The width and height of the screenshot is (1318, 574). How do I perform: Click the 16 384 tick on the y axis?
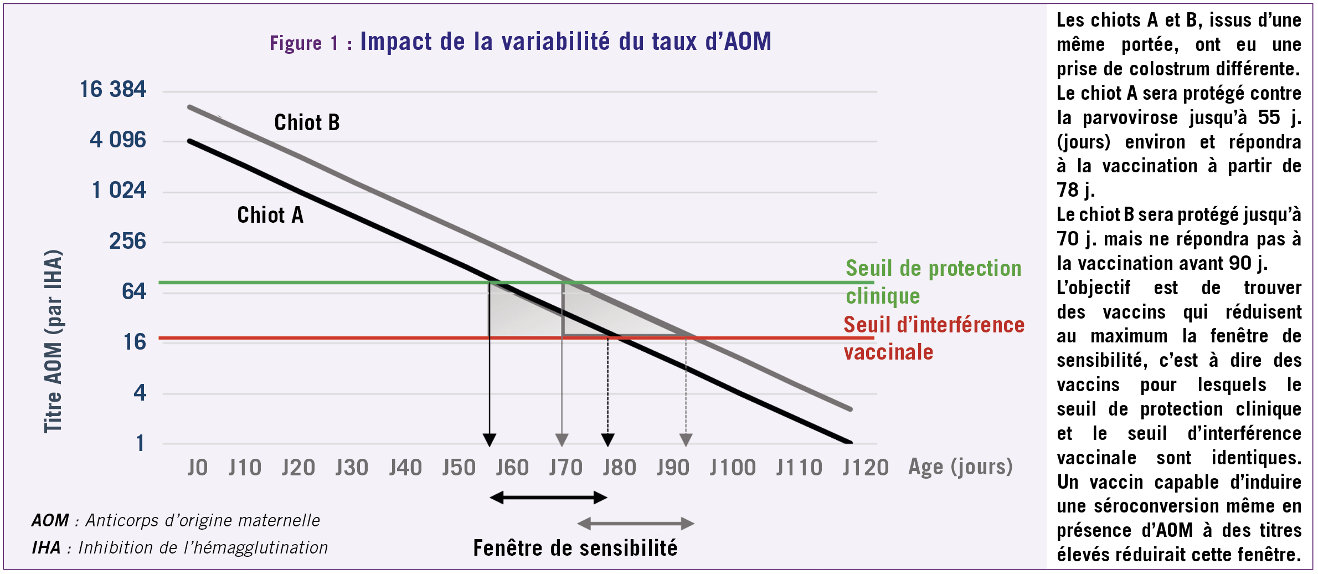pyautogui.click(x=113, y=90)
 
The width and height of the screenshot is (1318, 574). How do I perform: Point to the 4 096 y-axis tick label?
pyautogui.click(x=118, y=140)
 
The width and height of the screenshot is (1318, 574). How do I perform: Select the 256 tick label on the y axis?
pyautogui.click(x=127, y=242)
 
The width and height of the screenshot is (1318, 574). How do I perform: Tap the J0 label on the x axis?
pyautogui.click(x=198, y=468)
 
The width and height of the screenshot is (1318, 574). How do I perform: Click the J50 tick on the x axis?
pyautogui.click(x=459, y=468)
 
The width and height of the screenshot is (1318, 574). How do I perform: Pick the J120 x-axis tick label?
pyautogui.click(x=866, y=468)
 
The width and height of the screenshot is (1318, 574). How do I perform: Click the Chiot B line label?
pyautogui.click(x=307, y=122)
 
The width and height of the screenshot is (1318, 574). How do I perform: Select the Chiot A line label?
pyautogui.click(x=270, y=215)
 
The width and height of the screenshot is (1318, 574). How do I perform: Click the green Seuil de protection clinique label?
pyautogui.click(x=933, y=282)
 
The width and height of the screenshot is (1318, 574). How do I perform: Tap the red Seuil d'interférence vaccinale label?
pyautogui.click(x=934, y=338)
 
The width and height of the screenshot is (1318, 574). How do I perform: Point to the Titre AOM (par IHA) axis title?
pyautogui.click(x=53, y=341)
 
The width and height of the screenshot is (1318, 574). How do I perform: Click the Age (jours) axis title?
pyautogui.click(x=960, y=467)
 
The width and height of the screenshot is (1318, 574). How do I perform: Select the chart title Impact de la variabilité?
pyautogui.click(x=565, y=42)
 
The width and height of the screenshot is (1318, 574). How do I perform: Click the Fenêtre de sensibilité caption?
pyautogui.click(x=575, y=548)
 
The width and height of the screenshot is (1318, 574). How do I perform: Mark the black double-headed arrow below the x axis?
pyautogui.click(x=548, y=498)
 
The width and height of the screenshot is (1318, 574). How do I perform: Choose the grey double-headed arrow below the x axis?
pyautogui.click(x=636, y=524)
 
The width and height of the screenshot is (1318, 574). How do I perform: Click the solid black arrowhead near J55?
pyautogui.click(x=489, y=440)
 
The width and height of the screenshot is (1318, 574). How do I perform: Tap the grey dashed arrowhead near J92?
pyautogui.click(x=686, y=440)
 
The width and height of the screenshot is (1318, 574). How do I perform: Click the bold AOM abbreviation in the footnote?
pyautogui.click(x=50, y=520)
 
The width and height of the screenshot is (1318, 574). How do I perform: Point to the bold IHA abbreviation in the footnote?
pyautogui.click(x=46, y=547)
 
